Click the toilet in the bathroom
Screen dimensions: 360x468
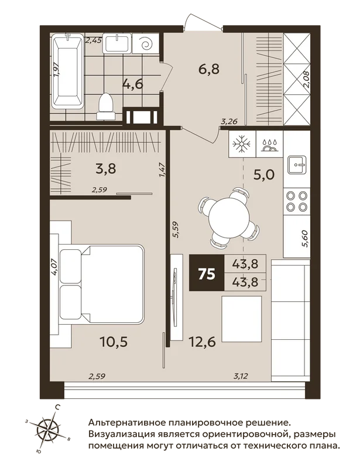point(105,106)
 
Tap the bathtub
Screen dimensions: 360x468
point(67,71)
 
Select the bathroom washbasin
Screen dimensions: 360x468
point(116,43)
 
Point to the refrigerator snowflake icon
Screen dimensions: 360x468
point(242,144)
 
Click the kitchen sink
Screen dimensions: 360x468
point(297,165)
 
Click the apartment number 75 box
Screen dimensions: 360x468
point(207,273)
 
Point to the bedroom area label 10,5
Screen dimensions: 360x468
point(114,342)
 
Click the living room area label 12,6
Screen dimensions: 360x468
point(203,342)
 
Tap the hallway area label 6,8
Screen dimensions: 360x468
point(209,69)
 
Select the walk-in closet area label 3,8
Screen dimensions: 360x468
point(106,169)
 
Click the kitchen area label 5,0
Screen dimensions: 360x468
point(264,175)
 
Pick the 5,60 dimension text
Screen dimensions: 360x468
point(305,238)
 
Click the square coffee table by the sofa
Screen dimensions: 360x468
point(241,319)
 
